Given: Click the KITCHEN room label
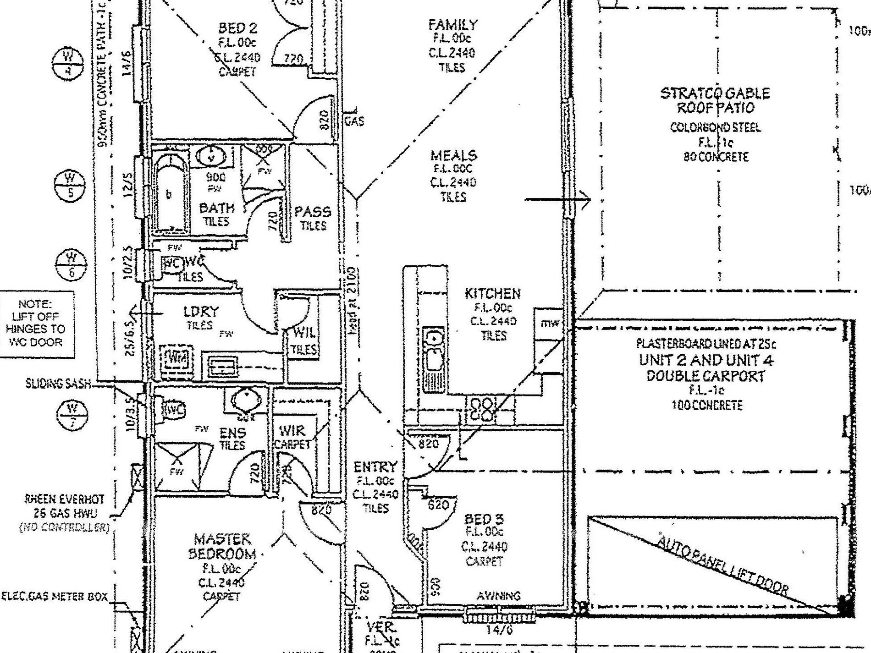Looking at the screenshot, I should click(492, 293).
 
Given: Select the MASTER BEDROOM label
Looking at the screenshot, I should click(222, 546).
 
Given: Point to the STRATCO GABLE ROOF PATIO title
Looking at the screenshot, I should click(715, 100).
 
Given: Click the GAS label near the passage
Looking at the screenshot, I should click(354, 121).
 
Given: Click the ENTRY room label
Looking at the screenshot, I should click(375, 467).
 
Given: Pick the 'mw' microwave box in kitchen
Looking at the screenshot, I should click(549, 324).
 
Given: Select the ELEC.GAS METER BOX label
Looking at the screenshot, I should click(55, 597).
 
